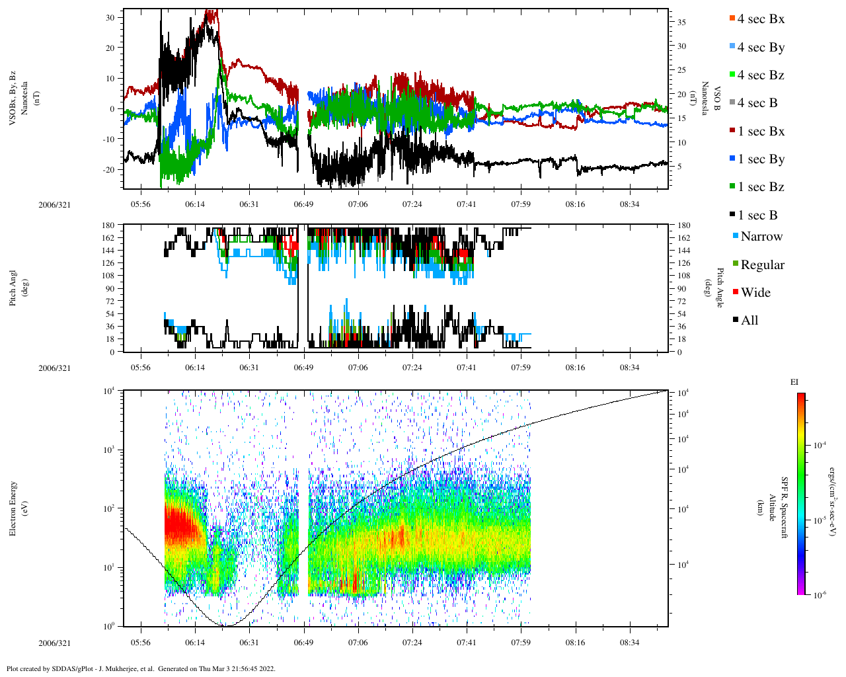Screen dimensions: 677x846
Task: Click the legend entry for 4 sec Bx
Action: (760, 19)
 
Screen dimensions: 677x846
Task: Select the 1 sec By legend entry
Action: (761, 159)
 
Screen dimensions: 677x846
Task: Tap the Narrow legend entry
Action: (761, 237)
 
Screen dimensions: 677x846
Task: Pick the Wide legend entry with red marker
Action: (755, 293)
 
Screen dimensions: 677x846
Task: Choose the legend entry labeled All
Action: (749, 321)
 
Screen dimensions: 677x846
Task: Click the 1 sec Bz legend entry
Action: (761, 187)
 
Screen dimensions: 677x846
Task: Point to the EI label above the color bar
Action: (794, 382)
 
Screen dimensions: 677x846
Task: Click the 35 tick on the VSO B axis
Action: (681, 22)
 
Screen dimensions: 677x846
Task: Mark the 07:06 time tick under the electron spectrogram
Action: (358, 642)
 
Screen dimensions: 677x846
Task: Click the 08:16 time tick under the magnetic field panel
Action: (575, 204)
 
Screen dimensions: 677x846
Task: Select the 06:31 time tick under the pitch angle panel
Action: (249, 368)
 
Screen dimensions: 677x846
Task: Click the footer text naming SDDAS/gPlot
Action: (141, 668)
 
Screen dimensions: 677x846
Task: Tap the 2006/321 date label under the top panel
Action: (54, 204)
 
